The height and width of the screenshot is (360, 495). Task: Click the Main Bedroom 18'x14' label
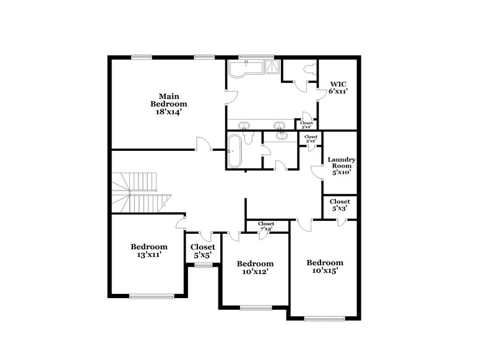point(165,104)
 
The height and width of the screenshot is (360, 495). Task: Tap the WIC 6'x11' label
point(338,87)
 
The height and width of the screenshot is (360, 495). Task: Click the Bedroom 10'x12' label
point(255,267)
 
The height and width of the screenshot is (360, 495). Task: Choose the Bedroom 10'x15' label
point(325,267)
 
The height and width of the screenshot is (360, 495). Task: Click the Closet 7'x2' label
point(266,226)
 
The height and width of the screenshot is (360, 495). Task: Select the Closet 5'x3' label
point(340,205)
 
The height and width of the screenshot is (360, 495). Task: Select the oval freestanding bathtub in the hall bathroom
point(234,150)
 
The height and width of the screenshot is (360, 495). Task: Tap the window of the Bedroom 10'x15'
point(324,319)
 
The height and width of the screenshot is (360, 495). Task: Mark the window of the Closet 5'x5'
point(202,265)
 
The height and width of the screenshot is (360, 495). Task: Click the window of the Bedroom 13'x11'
point(148,296)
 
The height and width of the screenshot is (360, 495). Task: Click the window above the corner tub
point(247,58)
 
